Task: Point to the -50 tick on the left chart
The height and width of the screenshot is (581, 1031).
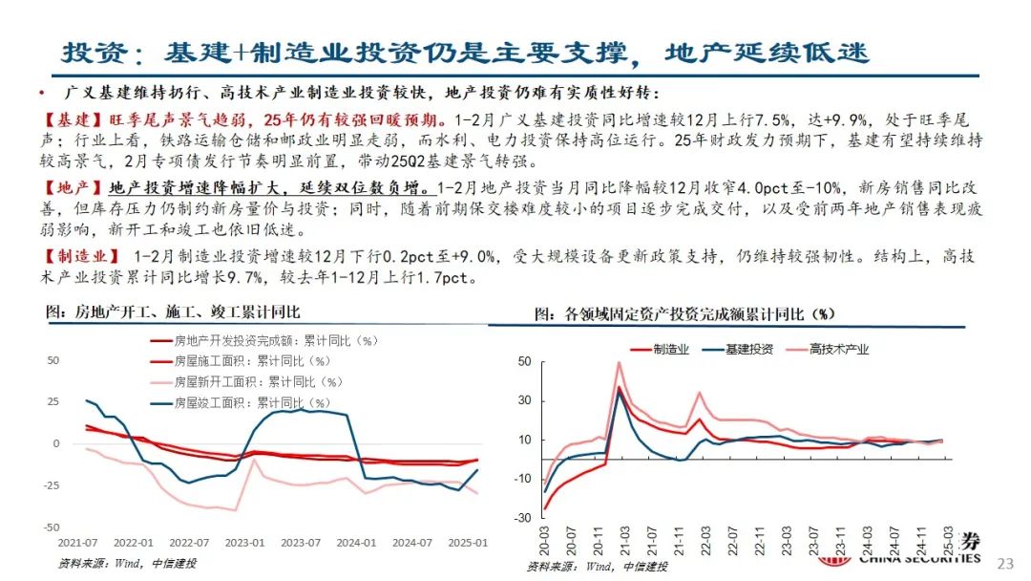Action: [53, 527]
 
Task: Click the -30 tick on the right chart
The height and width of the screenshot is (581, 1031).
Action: [523, 518]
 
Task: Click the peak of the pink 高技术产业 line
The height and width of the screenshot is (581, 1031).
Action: [620, 362]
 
